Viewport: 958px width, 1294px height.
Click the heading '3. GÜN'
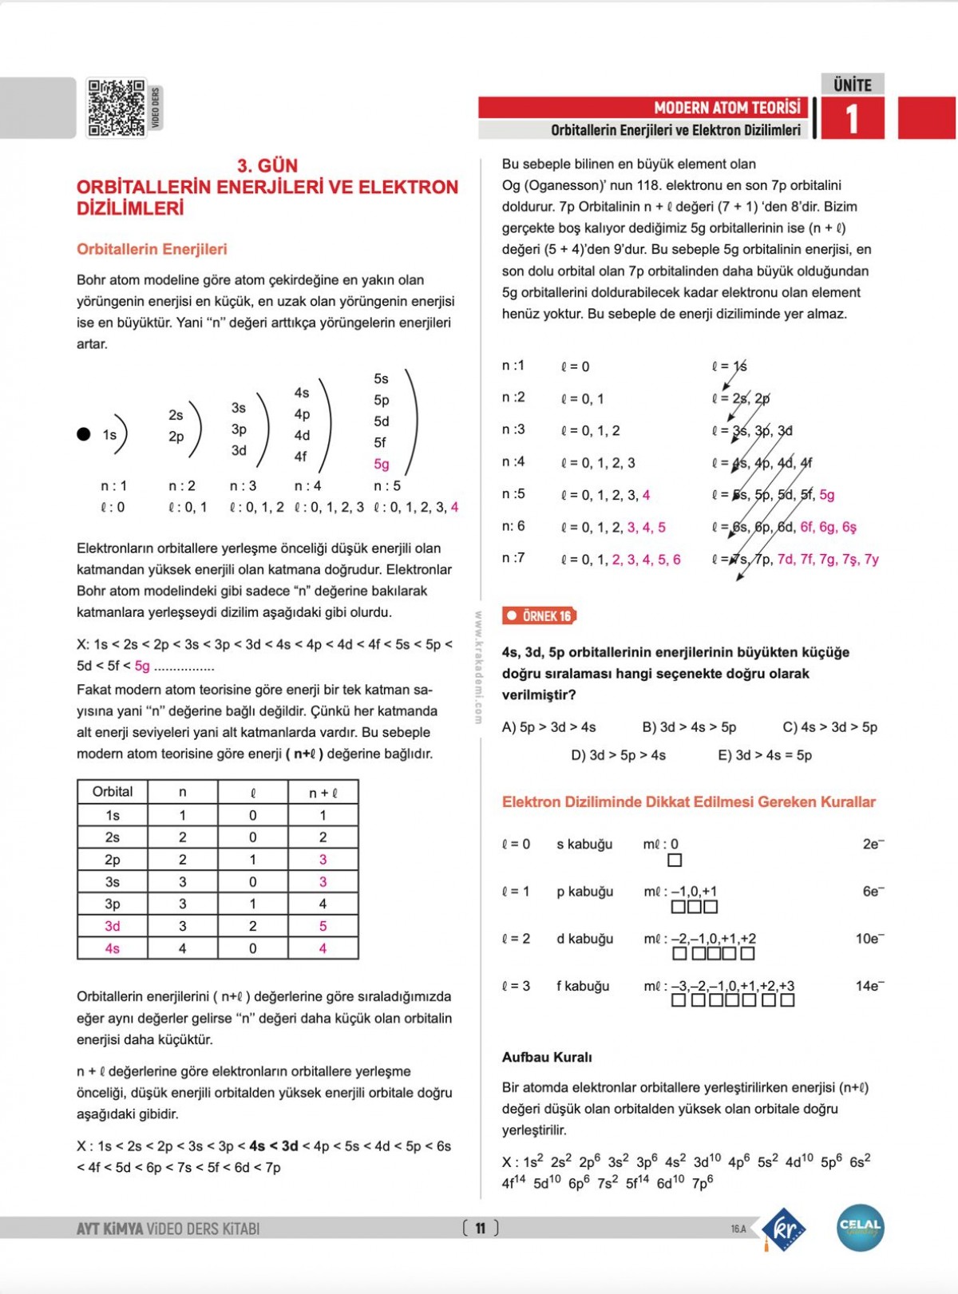pos(267,166)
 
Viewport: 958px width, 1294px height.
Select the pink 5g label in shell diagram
pos(382,464)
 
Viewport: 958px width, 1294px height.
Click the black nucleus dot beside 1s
pos(84,434)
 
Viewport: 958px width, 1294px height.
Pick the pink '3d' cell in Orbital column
pos(113,926)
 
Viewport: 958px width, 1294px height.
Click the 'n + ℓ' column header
pos(323,792)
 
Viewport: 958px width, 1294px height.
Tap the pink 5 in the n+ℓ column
pos(323,926)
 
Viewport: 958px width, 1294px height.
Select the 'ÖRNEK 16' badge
pos(540,616)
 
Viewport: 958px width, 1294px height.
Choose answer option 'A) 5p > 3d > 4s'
pos(548,727)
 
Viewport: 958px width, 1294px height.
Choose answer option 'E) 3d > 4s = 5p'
pos(765,755)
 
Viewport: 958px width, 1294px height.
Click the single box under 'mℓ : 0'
pos(675,861)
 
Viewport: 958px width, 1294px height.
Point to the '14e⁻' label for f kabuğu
pos(869,986)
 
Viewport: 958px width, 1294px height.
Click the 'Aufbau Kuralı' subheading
pos(547,1057)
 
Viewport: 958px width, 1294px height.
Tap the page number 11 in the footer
pos(480,1228)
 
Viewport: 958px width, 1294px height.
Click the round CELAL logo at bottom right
pos(860,1228)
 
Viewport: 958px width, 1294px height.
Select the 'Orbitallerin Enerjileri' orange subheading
pos(152,249)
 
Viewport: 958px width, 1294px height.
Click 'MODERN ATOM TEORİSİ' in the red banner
pos(726,108)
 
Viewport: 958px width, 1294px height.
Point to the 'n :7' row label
pos(513,558)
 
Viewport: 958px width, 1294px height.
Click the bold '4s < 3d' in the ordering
pos(273,1146)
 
